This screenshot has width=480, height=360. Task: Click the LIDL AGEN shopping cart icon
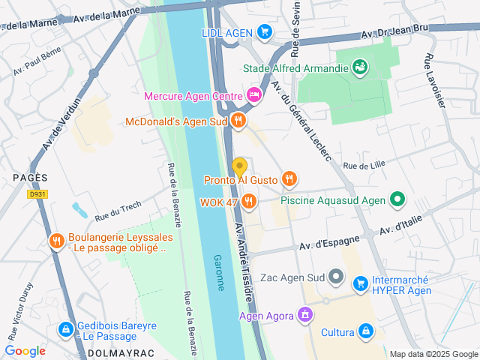[x=264, y=31]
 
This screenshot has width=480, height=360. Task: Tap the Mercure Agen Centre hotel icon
[x=253, y=95]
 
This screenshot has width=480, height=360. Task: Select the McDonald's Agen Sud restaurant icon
[x=238, y=120]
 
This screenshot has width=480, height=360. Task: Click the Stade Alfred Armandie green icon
[x=361, y=67]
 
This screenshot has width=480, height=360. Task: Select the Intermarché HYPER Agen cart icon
[x=361, y=283]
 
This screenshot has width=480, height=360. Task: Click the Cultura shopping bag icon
[x=366, y=331]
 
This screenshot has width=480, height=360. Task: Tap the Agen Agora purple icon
[x=304, y=314]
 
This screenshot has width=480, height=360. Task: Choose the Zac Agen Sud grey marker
[x=337, y=277]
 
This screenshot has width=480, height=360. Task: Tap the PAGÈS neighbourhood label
[x=30, y=177]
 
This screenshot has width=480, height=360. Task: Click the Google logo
[x=25, y=350]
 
